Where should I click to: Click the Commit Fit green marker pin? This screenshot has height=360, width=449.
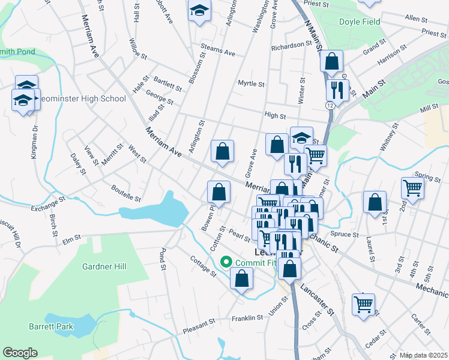click(x=226, y=262)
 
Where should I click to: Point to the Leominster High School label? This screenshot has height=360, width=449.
click(x=84, y=99)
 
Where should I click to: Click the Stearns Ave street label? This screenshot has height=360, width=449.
click(x=218, y=52)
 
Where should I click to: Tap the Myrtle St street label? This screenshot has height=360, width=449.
click(x=251, y=83)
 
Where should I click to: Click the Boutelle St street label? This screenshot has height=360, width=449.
click(x=125, y=193)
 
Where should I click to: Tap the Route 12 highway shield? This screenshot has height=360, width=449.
click(x=331, y=106)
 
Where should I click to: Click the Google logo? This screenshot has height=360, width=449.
click(x=20, y=353)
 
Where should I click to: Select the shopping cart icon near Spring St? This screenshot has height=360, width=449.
click(x=413, y=188)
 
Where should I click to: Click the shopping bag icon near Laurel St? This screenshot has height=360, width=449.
click(x=375, y=203)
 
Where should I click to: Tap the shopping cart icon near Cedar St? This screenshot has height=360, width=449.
click(x=364, y=304)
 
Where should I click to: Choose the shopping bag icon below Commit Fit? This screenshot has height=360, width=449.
click(x=241, y=279)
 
